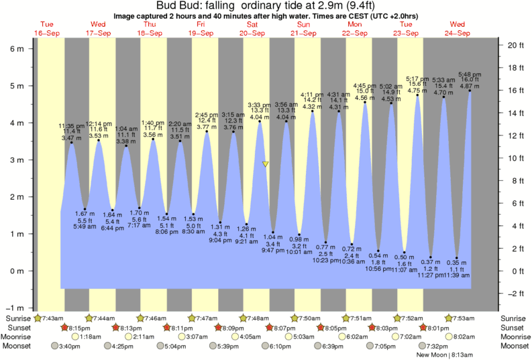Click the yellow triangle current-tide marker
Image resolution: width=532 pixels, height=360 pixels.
tap(266, 164)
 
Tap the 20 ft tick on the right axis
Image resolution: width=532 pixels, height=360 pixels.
tap(515, 45)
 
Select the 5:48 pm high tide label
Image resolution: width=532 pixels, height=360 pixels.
tap(469, 74)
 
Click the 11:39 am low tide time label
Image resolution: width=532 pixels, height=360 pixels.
tap(456, 275)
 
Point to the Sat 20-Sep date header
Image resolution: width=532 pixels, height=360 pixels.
tap(252, 28)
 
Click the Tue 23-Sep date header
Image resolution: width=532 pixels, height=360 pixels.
tap(406, 28)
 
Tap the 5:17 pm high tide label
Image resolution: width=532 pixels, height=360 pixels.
tap(417, 78)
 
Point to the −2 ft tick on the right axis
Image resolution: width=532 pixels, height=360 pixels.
tap(515, 294)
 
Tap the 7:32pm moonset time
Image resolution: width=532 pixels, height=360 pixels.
tap(439, 346)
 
